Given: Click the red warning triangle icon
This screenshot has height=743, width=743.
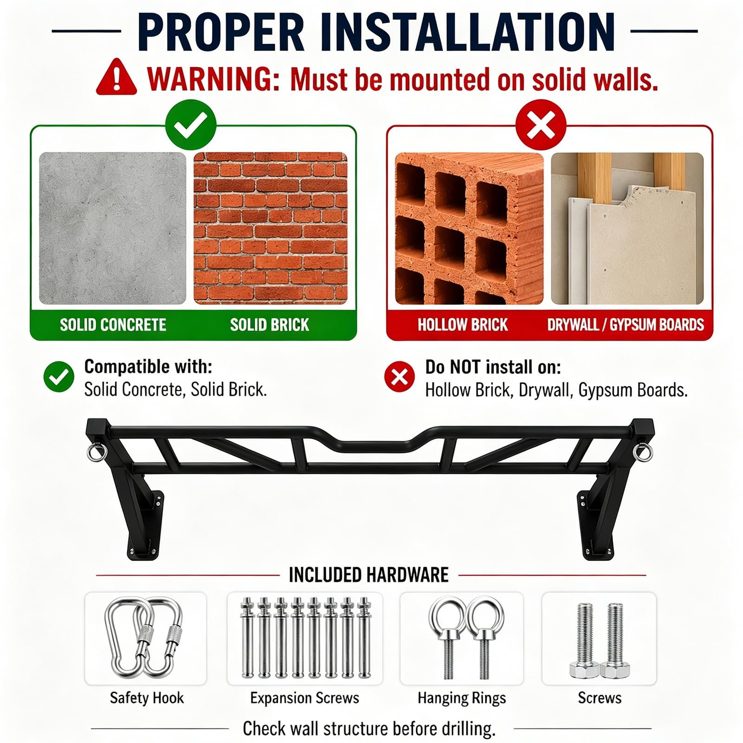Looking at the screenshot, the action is (x=116, y=78).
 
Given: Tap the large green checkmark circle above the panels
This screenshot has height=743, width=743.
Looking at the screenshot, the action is (x=191, y=125).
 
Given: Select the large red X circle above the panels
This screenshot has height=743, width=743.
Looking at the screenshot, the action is (x=541, y=125).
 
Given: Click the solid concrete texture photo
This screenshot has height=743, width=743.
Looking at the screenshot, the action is (x=112, y=228).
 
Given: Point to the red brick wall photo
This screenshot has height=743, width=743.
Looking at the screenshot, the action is (x=270, y=228).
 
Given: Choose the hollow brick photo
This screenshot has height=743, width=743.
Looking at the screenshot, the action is (x=469, y=228).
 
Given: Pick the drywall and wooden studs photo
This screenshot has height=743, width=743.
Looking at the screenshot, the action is (x=627, y=228).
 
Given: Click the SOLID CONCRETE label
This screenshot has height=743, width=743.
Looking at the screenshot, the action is (x=113, y=325).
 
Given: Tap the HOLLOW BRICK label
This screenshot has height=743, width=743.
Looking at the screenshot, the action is (x=463, y=325).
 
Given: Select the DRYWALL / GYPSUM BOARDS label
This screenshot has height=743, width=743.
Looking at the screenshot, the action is (x=626, y=325).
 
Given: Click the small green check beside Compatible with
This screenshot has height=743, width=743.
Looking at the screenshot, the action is (x=59, y=376).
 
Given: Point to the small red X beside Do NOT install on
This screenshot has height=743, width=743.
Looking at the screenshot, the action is (x=400, y=376).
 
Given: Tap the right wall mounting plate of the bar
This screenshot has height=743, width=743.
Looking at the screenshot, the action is (x=591, y=524).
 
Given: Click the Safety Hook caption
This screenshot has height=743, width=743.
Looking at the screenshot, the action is (x=147, y=698).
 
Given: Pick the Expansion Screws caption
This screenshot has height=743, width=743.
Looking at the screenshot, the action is (x=304, y=698).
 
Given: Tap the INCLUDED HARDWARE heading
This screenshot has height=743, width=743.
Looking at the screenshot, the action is (x=368, y=575).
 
